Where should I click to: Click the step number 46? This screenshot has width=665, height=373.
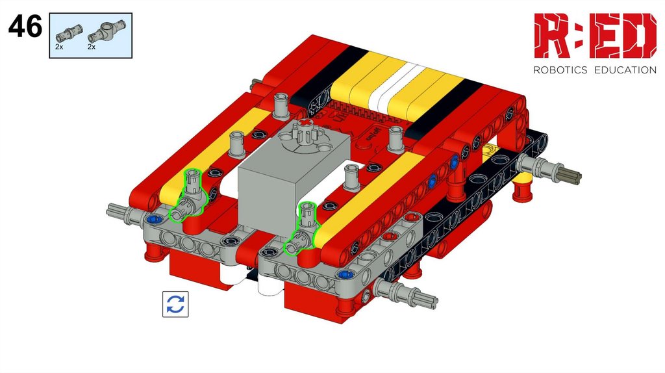[25, 26]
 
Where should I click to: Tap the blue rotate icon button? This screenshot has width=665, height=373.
[175, 304]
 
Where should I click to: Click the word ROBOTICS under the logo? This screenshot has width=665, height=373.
[560, 70]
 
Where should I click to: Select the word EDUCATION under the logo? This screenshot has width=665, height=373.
[625, 70]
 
